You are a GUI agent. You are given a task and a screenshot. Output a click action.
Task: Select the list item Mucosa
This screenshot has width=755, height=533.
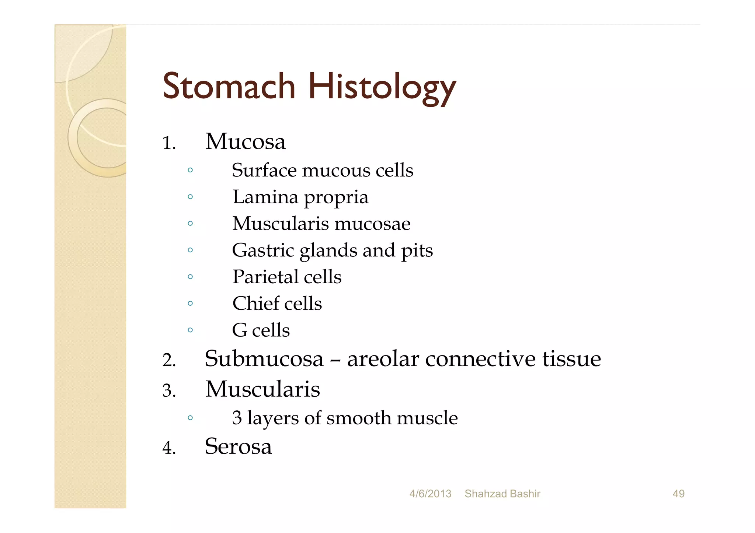click(x=246, y=141)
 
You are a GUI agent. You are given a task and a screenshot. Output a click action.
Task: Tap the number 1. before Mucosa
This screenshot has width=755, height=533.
click(x=169, y=143)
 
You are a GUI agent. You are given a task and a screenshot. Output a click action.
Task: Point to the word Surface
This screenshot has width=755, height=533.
click(x=264, y=170)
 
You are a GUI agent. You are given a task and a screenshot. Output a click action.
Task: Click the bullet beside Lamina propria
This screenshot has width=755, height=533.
click(x=190, y=197)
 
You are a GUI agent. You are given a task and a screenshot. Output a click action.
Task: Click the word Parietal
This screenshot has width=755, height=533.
click(x=264, y=277)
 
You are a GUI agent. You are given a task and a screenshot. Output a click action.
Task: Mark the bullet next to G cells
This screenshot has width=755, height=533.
click(x=190, y=330)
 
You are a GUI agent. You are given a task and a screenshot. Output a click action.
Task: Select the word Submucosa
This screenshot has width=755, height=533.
click(x=264, y=359)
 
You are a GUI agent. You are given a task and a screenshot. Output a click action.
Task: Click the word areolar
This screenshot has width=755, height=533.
click(x=383, y=359)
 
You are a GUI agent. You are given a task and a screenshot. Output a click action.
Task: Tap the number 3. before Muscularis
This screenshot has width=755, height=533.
click(x=169, y=391)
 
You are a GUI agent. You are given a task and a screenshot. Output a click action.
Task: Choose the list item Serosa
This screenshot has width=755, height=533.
click(x=239, y=446)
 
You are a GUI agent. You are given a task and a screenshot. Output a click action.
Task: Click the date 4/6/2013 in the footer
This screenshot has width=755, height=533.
click(x=430, y=494)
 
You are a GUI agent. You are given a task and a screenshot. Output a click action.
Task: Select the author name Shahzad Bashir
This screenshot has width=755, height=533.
click(x=502, y=494)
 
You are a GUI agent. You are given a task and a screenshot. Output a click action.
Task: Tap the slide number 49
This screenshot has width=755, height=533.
click(x=678, y=494)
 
